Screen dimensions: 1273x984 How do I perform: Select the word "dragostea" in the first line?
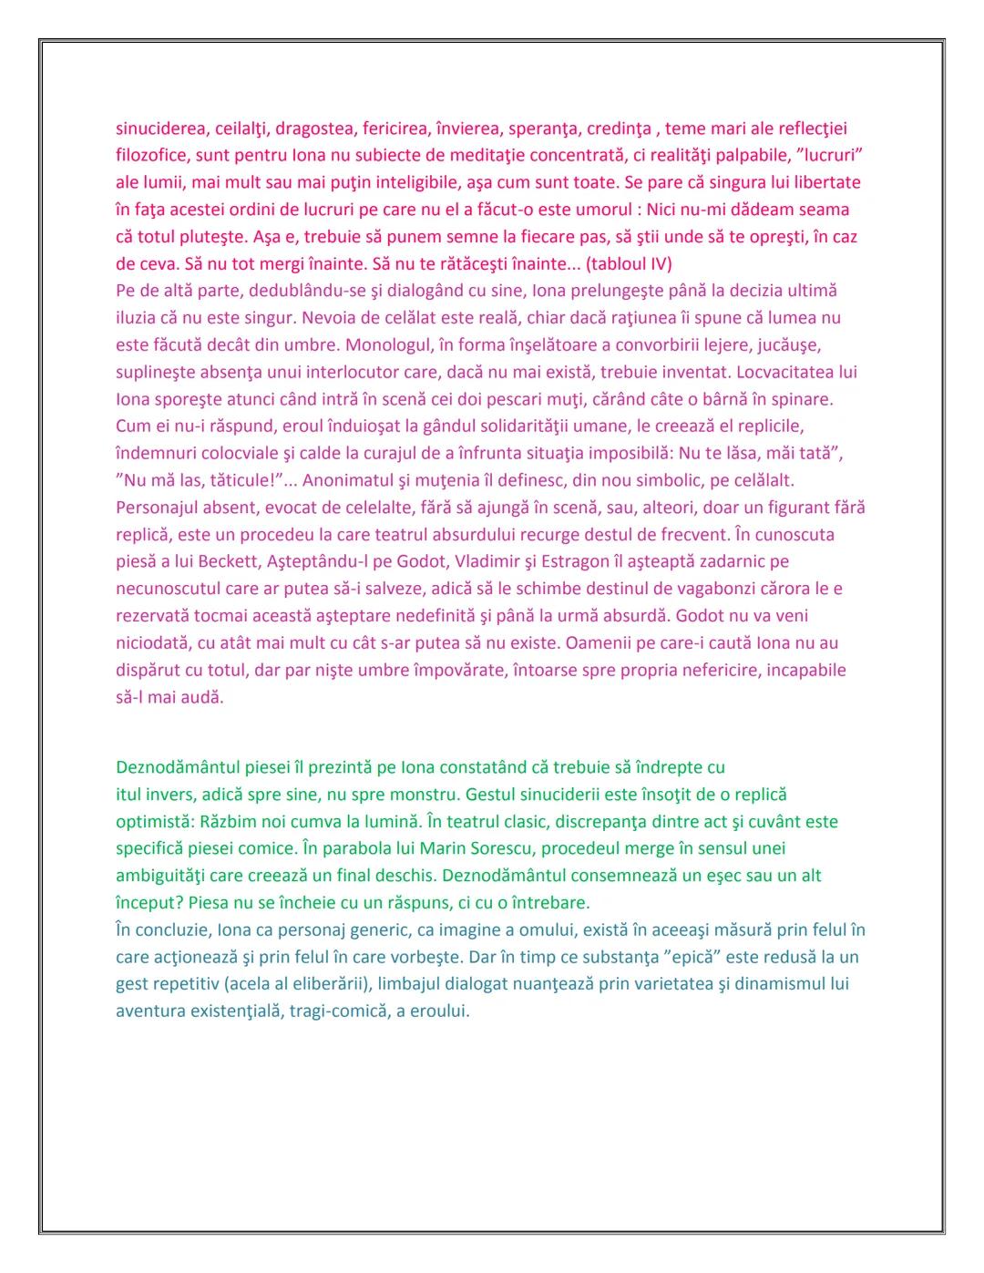[x=313, y=128]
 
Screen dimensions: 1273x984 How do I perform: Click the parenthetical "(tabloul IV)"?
[x=629, y=264]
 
